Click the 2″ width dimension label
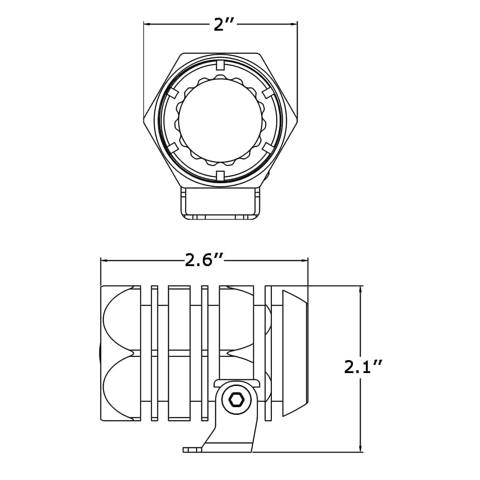224,24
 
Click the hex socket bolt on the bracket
236,399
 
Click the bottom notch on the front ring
221,175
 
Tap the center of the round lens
221,120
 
